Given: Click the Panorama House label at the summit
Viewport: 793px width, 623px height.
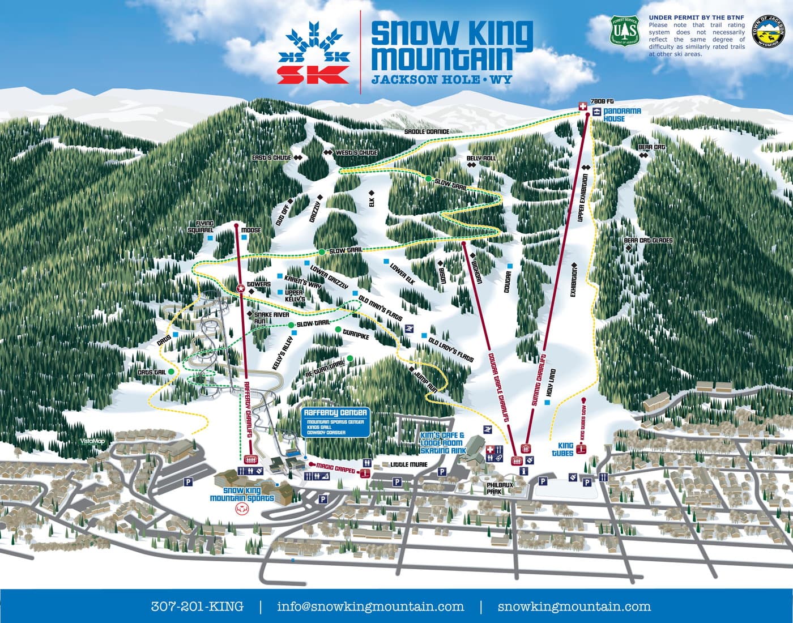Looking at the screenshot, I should point(614,115).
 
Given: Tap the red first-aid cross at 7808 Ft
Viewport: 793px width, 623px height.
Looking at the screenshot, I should point(581,106).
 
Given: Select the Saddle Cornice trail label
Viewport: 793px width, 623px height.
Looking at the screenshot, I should point(427,131).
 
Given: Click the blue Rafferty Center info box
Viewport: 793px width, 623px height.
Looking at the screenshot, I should point(335,422).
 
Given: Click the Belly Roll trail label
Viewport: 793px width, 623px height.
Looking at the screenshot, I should point(481,159).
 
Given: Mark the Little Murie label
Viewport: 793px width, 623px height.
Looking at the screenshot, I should point(407,464).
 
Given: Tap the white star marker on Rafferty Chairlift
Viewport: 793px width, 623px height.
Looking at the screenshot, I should point(240,288).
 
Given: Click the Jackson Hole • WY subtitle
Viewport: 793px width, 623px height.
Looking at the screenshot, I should point(441,80).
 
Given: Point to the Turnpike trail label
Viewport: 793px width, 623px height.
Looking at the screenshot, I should point(356,337).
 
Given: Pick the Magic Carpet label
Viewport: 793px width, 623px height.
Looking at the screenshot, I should point(336,471).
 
